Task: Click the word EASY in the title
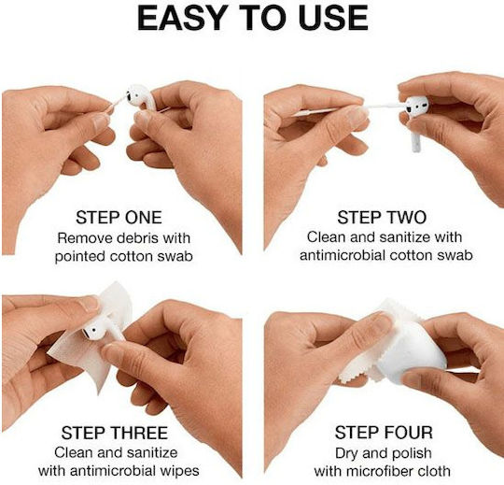[181, 19]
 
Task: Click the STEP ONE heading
[119, 217]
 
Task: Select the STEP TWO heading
[382, 217]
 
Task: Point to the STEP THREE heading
[115, 433]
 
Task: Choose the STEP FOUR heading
[384, 433]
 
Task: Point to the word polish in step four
[413, 453]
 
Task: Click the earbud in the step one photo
[139, 96]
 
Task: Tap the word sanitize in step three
[152, 452]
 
